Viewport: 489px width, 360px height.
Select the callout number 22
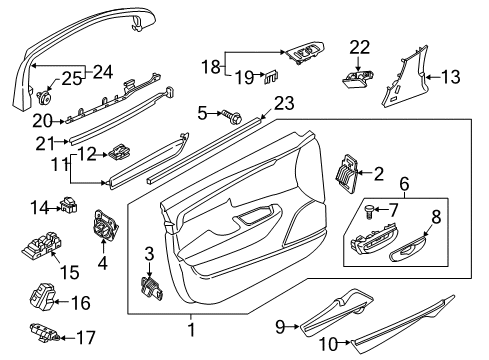(x=360, y=47)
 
